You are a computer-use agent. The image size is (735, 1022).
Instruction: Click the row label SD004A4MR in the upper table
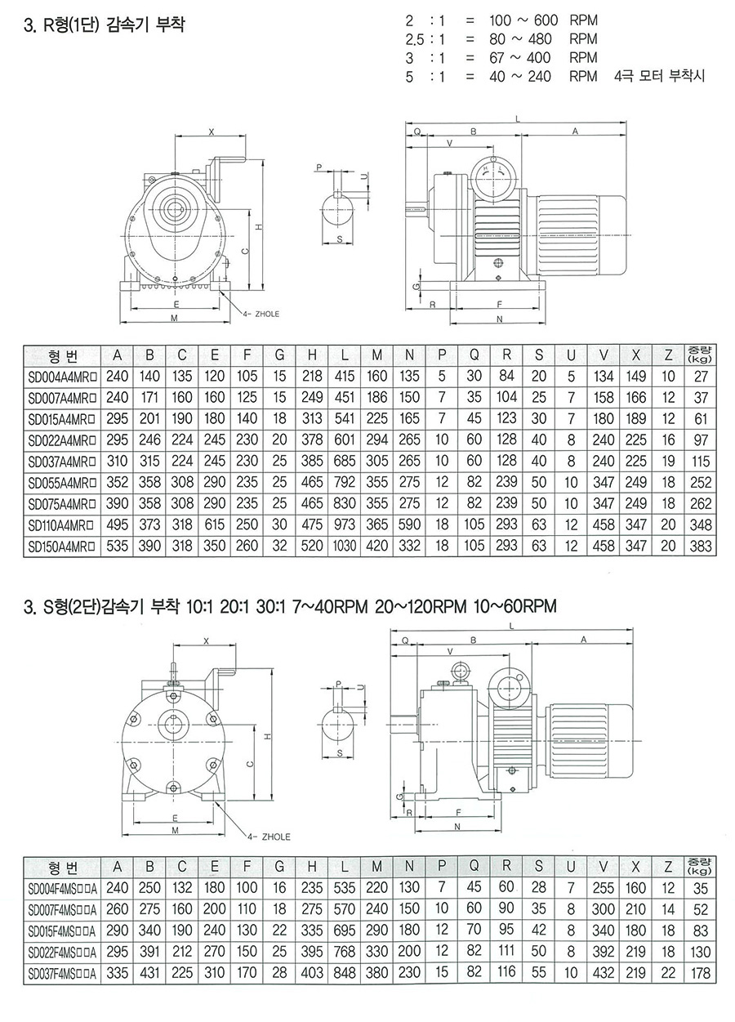pyautogui.click(x=62, y=377)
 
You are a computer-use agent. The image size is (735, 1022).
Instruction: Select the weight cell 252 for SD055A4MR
pyautogui.click(x=701, y=482)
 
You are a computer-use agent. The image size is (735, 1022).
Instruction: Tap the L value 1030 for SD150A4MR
pyautogui.click(x=345, y=547)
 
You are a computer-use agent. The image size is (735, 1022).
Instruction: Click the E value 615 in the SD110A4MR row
pyautogui.click(x=214, y=524)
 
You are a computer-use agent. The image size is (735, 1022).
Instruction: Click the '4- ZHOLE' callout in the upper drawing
pyautogui.click(x=261, y=314)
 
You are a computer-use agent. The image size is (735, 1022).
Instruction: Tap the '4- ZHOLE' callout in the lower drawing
pyautogui.click(x=269, y=837)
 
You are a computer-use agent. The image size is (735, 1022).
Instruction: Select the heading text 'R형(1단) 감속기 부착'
pyautogui.click(x=114, y=25)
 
